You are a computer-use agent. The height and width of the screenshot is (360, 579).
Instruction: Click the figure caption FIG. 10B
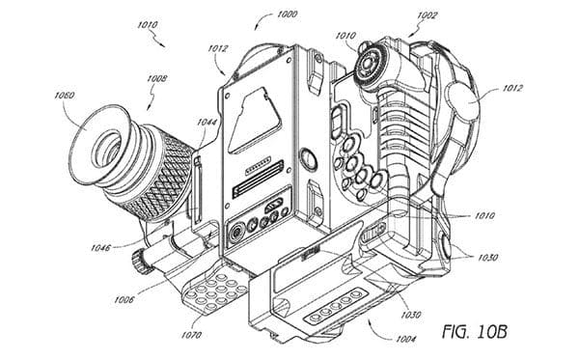click(x=475, y=331)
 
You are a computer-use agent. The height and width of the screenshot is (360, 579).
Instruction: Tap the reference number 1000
click(x=287, y=14)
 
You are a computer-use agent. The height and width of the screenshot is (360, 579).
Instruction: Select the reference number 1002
click(x=427, y=15)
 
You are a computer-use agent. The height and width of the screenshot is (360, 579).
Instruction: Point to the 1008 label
click(x=157, y=78)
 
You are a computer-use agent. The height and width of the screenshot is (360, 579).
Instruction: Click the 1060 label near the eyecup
click(x=65, y=96)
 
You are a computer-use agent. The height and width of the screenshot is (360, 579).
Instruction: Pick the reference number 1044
click(x=207, y=122)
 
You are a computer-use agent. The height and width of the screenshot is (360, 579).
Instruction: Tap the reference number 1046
click(x=100, y=247)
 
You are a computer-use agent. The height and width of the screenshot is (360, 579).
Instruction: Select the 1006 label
click(x=124, y=299)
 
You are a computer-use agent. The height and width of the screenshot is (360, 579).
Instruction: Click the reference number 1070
click(x=191, y=335)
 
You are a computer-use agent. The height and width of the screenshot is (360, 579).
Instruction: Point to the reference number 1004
click(x=406, y=339)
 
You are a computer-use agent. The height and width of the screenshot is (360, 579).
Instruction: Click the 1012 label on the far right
click(x=512, y=88)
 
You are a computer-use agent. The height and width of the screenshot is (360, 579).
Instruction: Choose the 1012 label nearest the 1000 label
click(x=218, y=48)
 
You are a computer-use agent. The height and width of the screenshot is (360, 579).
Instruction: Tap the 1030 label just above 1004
click(x=411, y=315)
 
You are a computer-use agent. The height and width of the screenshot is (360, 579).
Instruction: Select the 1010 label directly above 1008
click(x=148, y=25)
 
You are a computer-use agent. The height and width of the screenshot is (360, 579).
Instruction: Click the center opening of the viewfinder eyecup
click(x=107, y=148)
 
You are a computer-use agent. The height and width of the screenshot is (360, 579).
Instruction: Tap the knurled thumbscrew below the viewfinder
click(x=140, y=262)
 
